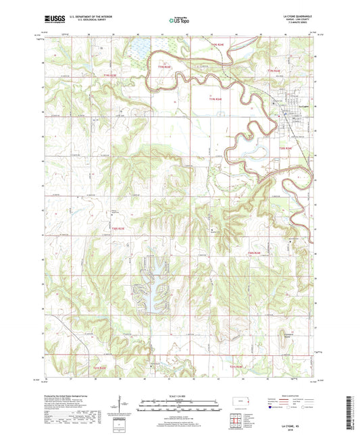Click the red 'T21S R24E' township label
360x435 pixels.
pyautogui.click(x=234, y=366)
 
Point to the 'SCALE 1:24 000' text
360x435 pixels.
pyautogui.click(x=179, y=395)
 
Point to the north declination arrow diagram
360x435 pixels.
pyautogui.click(x=122, y=403)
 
